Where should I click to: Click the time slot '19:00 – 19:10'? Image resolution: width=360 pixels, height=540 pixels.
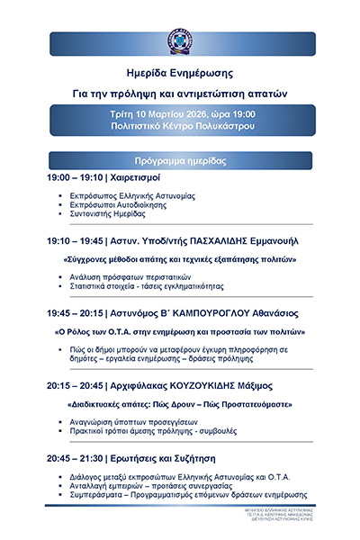click(x=75, y=179)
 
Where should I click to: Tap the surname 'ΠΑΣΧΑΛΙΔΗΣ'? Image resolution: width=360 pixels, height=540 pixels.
click(x=219, y=241)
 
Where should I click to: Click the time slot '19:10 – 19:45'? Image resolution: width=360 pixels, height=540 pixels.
click(x=75, y=241)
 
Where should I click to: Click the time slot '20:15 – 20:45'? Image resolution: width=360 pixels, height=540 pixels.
click(x=75, y=386)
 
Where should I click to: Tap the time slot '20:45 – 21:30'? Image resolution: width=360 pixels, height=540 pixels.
click(x=75, y=457)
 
